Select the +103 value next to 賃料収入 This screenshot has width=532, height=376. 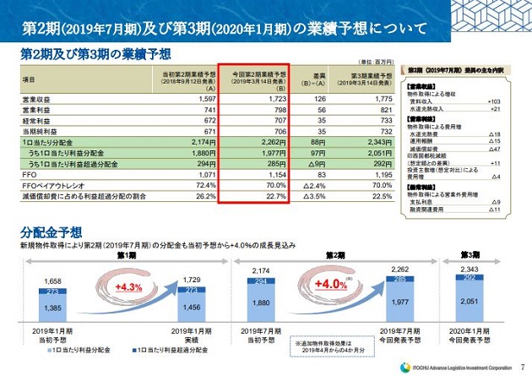pos(495,101)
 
